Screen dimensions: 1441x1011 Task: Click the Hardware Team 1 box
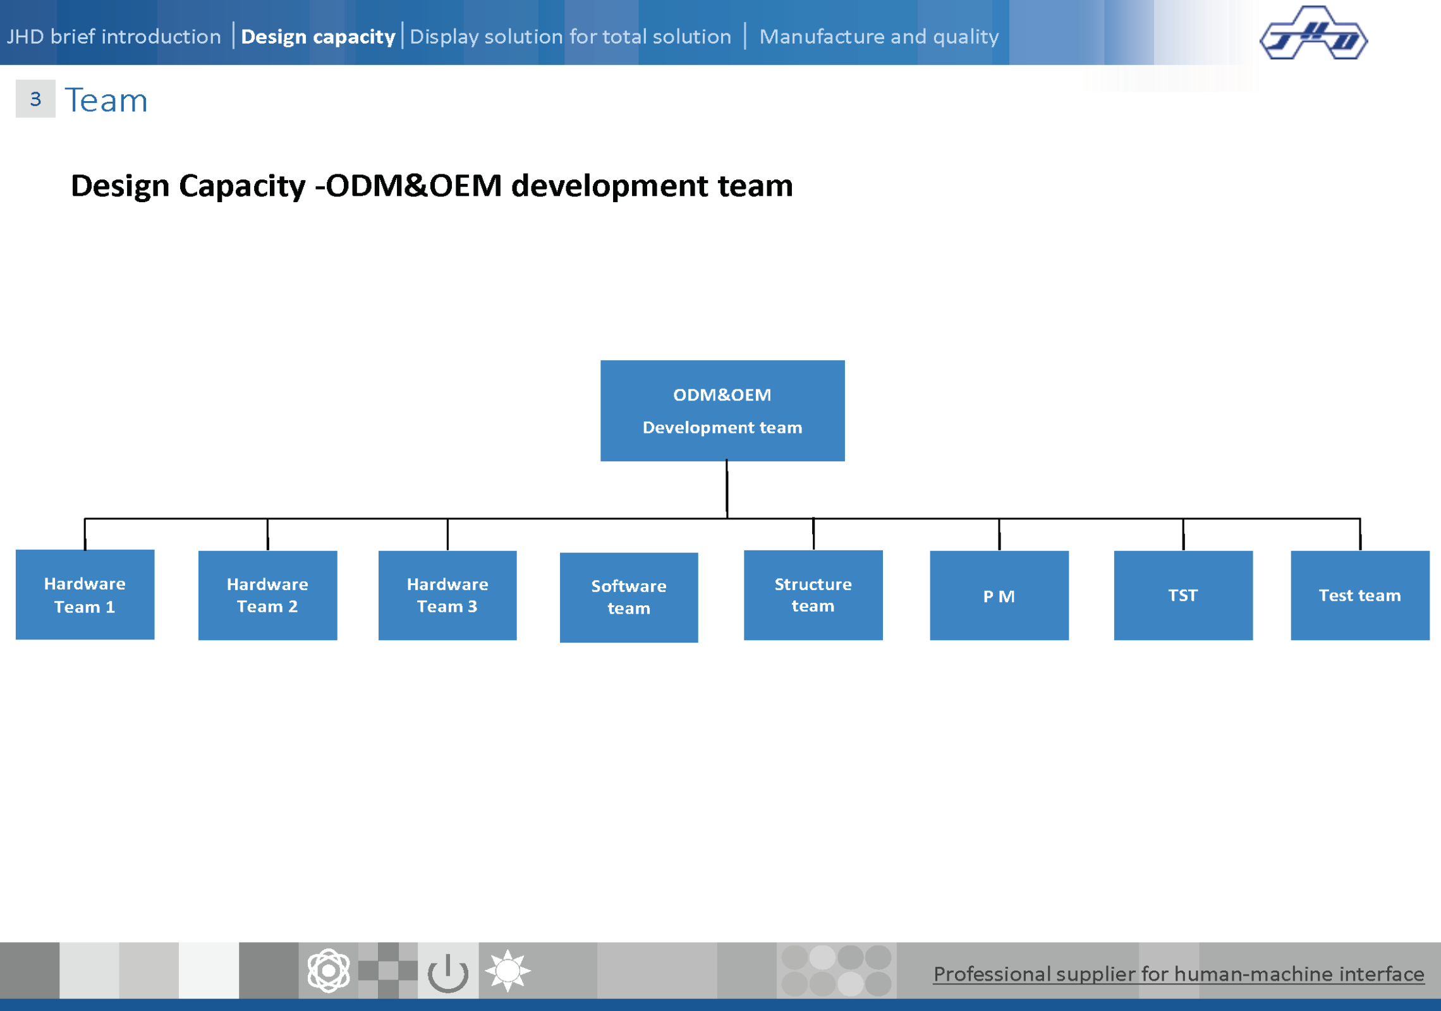[85, 595]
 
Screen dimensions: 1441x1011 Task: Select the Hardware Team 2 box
[267, 595]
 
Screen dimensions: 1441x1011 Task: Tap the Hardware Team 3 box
[447, 595]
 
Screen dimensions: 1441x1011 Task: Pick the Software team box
[629, 597]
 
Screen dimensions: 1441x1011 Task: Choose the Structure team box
[813, 595]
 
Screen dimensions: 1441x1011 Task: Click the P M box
[999, 595]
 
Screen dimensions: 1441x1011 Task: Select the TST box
[1183, 595]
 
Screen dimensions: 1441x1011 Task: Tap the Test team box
[1360, 595]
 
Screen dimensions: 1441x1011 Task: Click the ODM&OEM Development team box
[722, 411]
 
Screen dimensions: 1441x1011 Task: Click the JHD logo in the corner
[1313, 33]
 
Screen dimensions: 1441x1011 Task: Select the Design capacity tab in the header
[318, 37]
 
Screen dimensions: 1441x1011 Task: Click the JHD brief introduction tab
[114, 36]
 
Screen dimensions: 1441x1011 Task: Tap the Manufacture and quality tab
[879, 37]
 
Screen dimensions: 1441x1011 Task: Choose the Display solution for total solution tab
[570, 37]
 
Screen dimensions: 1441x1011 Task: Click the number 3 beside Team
[35, 99]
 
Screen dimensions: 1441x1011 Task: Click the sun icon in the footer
[508, 971]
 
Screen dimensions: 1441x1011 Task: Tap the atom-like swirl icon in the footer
[329, 971]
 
